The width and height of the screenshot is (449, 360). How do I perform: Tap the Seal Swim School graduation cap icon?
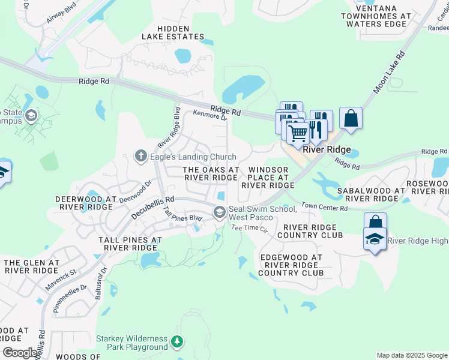(220, 211)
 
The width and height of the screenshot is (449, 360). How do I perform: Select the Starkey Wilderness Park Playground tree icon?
(176, 342)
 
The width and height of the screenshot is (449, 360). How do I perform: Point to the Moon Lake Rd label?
(389, 72)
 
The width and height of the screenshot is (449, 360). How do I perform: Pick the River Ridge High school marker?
(375, 240)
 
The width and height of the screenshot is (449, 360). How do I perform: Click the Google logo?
(20, 353)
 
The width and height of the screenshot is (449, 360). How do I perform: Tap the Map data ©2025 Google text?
(412, 355)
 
